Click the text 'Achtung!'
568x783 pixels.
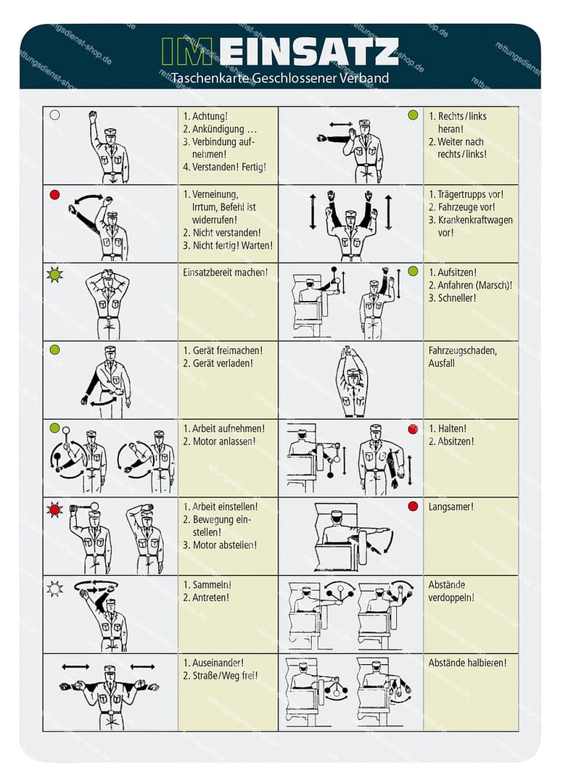click(x=210, y=116)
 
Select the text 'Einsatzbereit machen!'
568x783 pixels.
click(x=225, y=273)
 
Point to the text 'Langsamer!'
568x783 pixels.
click(x=450, y=507)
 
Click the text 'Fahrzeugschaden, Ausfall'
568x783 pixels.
click(x=461, y=357)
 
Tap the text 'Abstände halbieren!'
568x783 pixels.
click(x=467, y=663)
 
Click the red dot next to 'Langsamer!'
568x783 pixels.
click(x=413, y=506)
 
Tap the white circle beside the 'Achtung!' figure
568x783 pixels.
click(x=54, y=115)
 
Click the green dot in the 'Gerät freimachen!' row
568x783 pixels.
click(x=54, y=349)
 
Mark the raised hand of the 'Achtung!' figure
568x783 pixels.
click(x=93, y=116)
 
